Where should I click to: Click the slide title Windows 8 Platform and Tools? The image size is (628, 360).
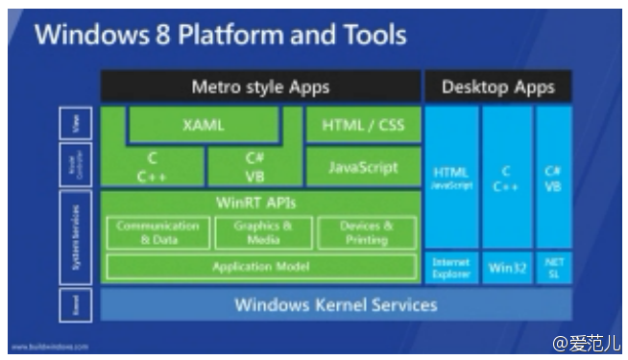click(221, 36)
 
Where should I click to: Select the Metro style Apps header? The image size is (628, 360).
click(260, 87)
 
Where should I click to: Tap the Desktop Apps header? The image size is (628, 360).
click(497, 87)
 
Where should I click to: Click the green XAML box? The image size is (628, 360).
click(203, 125)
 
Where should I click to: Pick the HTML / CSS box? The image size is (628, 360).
click(362, 125)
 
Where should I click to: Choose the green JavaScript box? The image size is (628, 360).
click(362, 167)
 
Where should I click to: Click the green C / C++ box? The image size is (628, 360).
click(153, 167)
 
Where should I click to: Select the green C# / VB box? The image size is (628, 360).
click(254, 167)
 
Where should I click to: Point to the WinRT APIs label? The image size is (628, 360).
click(260, 203)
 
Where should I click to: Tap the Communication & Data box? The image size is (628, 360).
click(157, 232)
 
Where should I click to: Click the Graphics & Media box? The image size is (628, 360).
click(261, 232)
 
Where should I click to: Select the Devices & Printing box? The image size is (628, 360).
click(366, 232)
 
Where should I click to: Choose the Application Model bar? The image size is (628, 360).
click(260, 267)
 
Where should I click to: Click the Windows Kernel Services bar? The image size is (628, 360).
click(336, 305)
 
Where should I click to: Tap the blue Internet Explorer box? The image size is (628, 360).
click(450, 268)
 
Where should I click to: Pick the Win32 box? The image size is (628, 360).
click(506, 268)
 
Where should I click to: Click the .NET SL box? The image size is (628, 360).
click(553, 268)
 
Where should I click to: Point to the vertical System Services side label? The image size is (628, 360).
click(76, 237)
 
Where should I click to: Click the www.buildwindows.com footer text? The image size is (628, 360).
click(50, 347)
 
